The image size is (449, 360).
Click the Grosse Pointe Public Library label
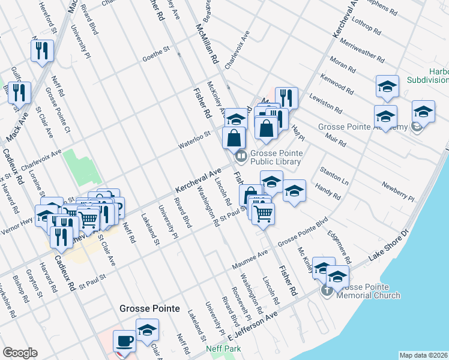(275, 157)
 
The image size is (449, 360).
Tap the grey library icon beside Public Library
(241, 156)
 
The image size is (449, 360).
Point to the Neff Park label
(223, 348)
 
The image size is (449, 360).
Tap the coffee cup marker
(125, 340)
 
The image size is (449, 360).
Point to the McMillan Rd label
(205, 43)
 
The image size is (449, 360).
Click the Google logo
(20, 353)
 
